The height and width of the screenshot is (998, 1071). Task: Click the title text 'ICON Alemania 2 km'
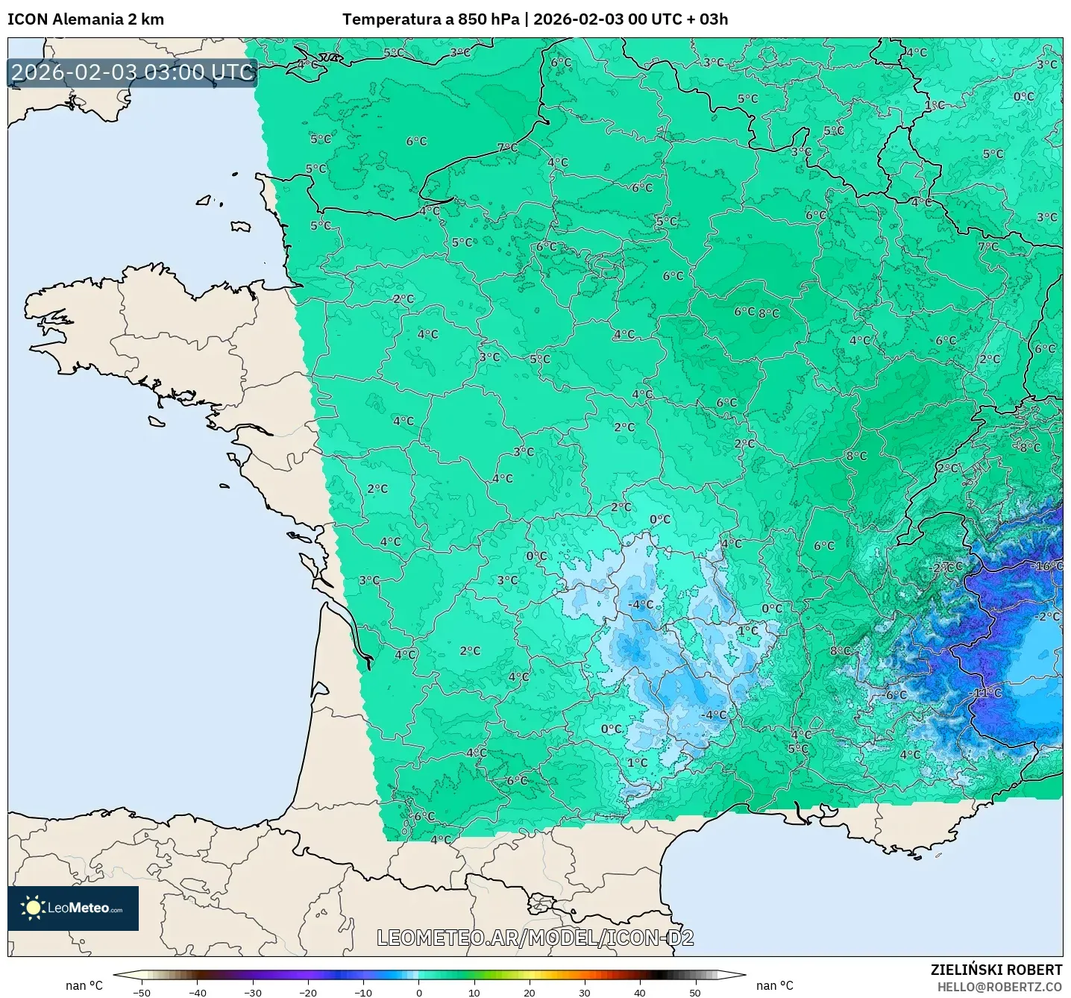86,19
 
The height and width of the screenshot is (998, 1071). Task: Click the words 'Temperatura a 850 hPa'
430,19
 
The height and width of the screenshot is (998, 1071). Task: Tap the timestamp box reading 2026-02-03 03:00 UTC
133,72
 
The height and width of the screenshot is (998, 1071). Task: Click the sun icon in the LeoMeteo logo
33,908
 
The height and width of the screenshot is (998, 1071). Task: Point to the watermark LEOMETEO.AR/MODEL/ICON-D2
535,938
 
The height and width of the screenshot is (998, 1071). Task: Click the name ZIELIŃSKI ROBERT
996,970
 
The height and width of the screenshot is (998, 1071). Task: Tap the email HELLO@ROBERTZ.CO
999,987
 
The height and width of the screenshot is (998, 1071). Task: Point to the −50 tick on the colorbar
141,992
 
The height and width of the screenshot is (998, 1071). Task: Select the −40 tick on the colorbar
197,992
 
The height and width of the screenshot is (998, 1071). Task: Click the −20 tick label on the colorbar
307,992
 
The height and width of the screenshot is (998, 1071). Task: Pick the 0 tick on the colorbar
418,992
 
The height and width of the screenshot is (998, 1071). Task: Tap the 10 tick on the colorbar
474,992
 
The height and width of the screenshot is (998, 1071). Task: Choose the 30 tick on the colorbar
584,992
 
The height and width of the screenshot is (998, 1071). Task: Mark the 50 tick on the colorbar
694,992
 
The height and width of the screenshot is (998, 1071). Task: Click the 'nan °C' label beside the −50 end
84,985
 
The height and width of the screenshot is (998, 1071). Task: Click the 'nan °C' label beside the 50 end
774,985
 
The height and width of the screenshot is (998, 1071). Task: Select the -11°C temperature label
987,693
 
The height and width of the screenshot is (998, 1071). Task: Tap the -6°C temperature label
894,695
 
